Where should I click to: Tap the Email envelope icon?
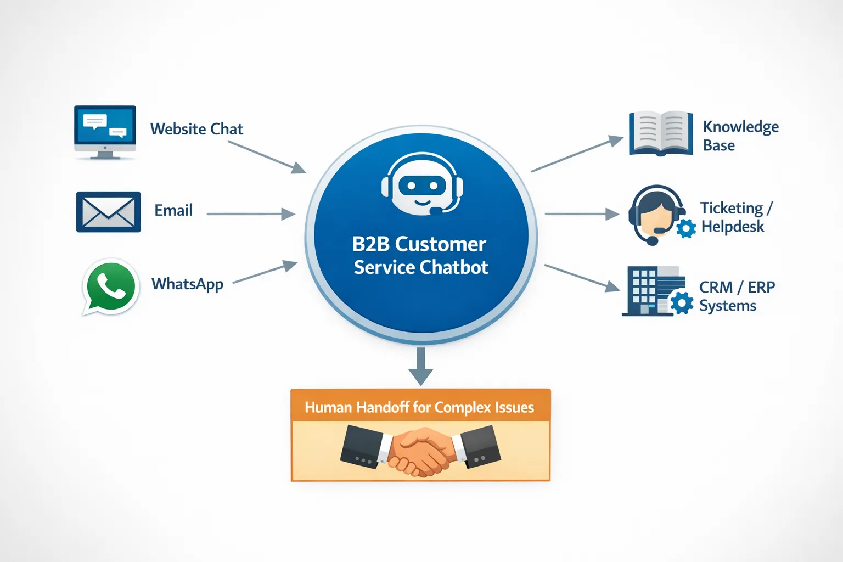[x=108, y=212]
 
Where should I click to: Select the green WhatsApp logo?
[x=111, y=287]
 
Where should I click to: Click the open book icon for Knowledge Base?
[x=660, y=133]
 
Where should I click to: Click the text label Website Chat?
[x=196, y=129]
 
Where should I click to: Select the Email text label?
[x=173, y=211]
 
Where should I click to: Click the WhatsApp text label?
[x=187, y=284]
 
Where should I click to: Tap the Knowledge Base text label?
[x=740, y=136]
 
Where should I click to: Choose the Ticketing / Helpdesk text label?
[x=735, y=217]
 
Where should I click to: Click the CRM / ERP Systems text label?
[x=737, y=296]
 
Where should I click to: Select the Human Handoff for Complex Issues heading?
[x=419, y=407]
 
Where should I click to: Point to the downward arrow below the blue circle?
[x=421, y=367]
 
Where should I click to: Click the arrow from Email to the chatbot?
[x=250, y=214]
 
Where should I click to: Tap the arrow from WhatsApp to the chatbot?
[x=265, y=273]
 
